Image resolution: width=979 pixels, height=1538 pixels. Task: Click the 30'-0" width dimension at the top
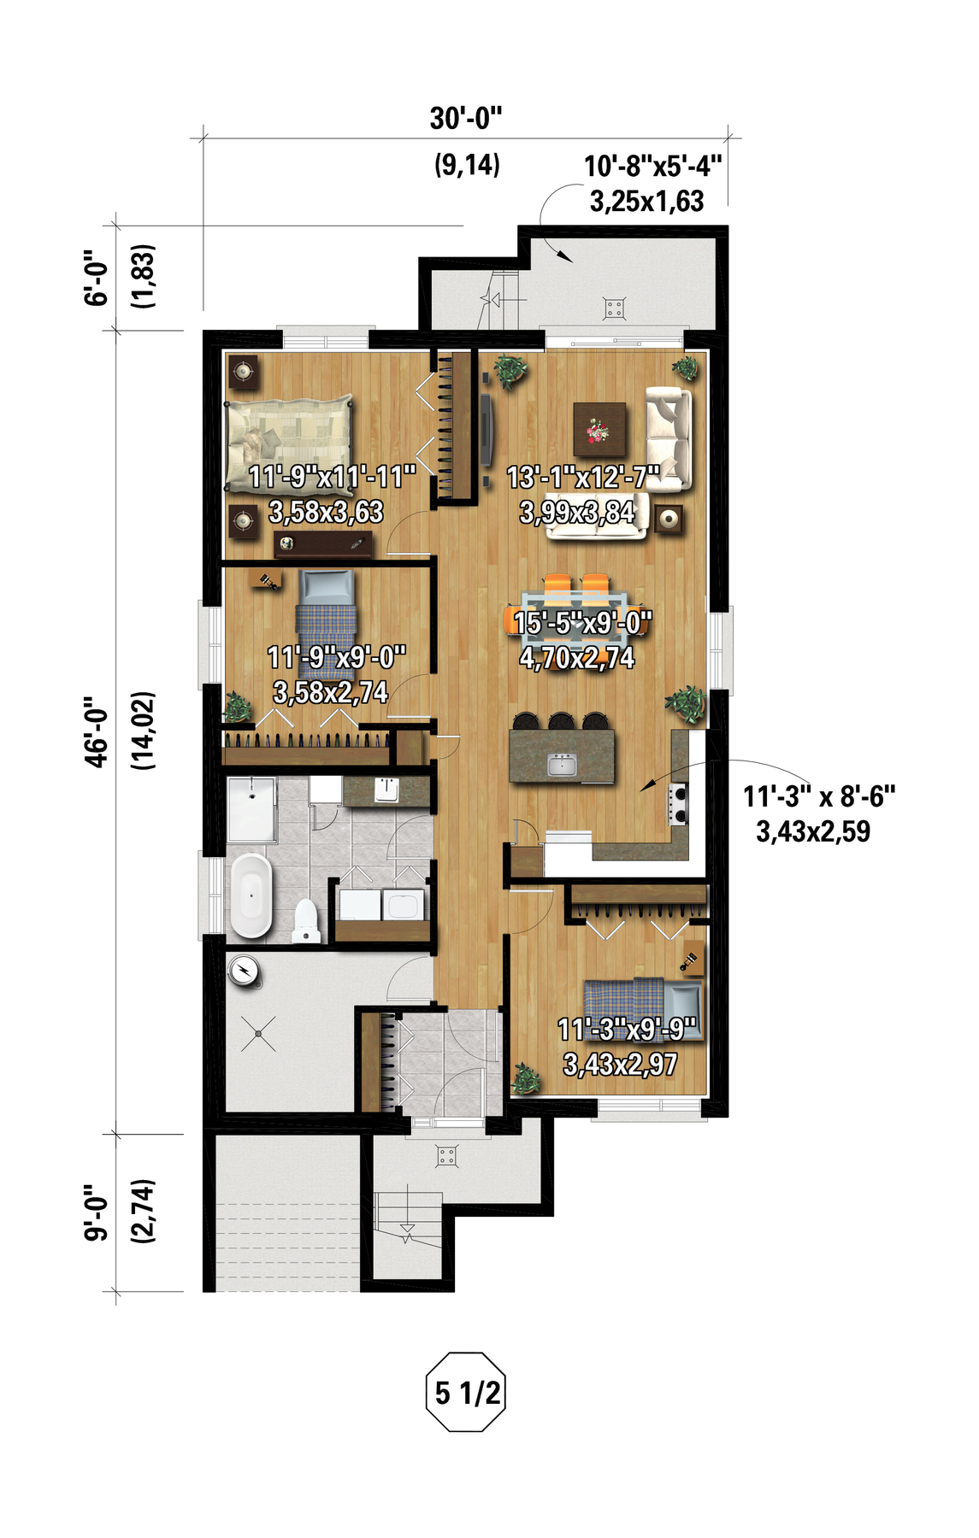(x=466, y=118)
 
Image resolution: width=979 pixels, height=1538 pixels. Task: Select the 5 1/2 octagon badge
(x=466, y=1392)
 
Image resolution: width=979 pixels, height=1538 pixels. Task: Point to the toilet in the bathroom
(x=305, y=920)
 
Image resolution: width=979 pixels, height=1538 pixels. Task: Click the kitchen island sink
(x=562, y=762)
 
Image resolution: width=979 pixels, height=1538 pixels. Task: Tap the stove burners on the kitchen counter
(x=679, y=803)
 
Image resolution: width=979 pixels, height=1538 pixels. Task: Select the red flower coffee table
(x=599, y=431)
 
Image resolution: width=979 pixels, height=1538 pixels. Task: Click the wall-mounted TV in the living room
(x=486, y=429)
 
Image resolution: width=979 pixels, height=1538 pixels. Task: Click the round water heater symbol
(x=245, y=970)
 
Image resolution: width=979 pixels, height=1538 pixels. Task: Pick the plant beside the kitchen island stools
(x=687, y=704)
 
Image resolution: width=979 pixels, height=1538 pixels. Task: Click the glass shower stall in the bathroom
(x=251, y=809)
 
